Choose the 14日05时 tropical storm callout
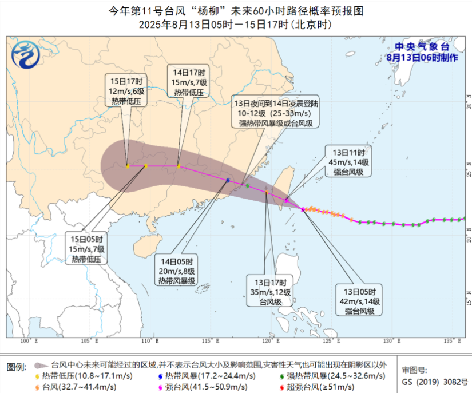tap(177, 269)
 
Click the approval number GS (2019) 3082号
tap(434, 381)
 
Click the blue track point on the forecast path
tap(228, 180)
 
